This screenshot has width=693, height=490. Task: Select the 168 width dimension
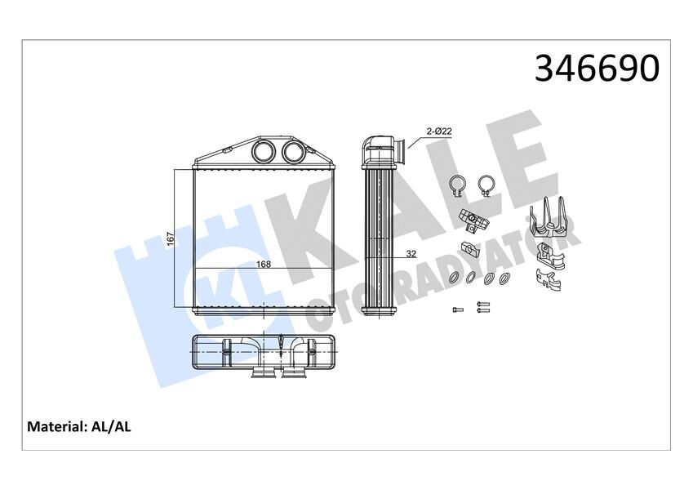264,264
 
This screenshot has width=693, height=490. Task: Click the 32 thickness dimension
411,254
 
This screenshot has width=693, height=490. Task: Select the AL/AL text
113,426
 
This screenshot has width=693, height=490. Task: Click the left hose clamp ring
459,185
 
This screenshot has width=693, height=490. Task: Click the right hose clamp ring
487,185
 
